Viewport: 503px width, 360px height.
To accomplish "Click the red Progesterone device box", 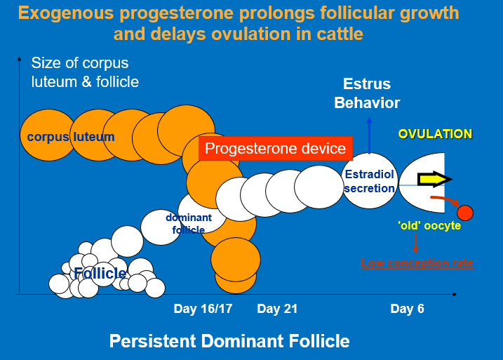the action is pyautogui.click(x=275, y=149).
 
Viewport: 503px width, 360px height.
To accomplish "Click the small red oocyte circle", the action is pyautogui.click(x=464, y=212).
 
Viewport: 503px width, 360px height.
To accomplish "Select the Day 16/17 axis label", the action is pyautogui.click(x=203, y=309).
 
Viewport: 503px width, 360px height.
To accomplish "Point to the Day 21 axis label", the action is pyautogui.click(x=278, y=309).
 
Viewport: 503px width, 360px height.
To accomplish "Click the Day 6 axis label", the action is pyautogui.click(x=407, y=309).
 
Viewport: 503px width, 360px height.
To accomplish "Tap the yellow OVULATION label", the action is pyautogui.click(x=435, y=133).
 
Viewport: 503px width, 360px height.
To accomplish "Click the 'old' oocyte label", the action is pyautogui.click(x=420, y=225).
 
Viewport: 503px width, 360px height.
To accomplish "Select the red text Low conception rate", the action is pyautogui.click(x=417, y=263).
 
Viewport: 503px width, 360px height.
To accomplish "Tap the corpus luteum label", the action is pyautogui.click(x=70, y=137).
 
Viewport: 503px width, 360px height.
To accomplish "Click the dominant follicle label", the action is pyautogui.click(x=189, y=223).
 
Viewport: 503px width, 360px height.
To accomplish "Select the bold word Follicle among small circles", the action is pyautogui.click(x=100, y=273).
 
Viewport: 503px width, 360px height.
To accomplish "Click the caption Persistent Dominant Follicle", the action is pyautogui.click(x=229, y=342).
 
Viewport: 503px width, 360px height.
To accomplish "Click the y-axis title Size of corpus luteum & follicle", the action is pyautogui.click(x=85, y=72).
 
